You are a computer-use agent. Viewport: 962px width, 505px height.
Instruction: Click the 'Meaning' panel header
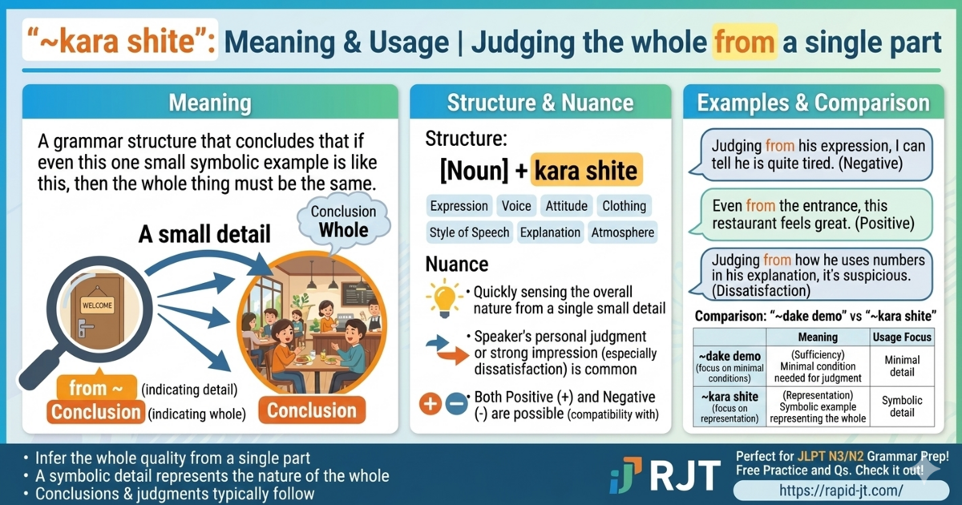pos(210,103)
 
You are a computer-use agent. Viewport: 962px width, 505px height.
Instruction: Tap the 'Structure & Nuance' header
pos(540,103)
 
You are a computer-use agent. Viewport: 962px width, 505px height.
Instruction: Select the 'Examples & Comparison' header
pos(813,103)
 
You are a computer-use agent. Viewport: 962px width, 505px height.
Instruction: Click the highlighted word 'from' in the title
pos(744,42)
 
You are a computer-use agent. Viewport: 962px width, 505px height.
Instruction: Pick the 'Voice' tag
pos(516,206)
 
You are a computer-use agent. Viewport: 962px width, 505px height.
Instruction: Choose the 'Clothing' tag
pos(624,206)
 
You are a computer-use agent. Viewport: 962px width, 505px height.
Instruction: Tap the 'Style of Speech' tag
pos(469,232)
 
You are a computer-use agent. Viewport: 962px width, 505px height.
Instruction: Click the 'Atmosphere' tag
pos(622,232)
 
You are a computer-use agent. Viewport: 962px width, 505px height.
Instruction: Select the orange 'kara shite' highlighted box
pos(586,170)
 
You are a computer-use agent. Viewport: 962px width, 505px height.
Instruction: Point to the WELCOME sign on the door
pos(97,305)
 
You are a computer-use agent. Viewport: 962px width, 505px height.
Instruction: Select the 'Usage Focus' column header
pos(902,337)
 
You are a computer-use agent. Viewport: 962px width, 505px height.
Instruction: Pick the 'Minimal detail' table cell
pos(902,366)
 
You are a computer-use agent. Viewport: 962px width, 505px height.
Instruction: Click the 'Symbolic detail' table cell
pos(902,406)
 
